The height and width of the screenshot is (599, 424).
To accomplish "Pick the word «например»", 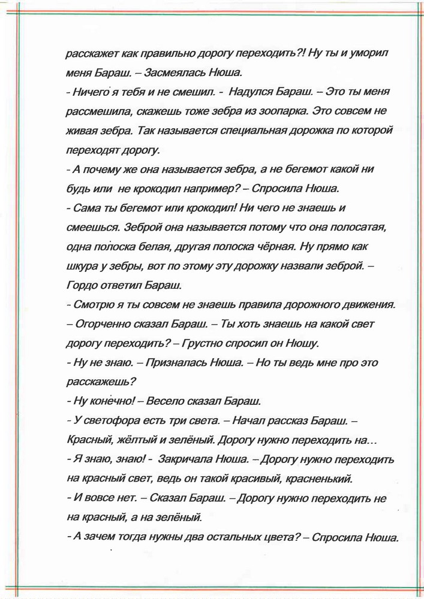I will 212,189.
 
